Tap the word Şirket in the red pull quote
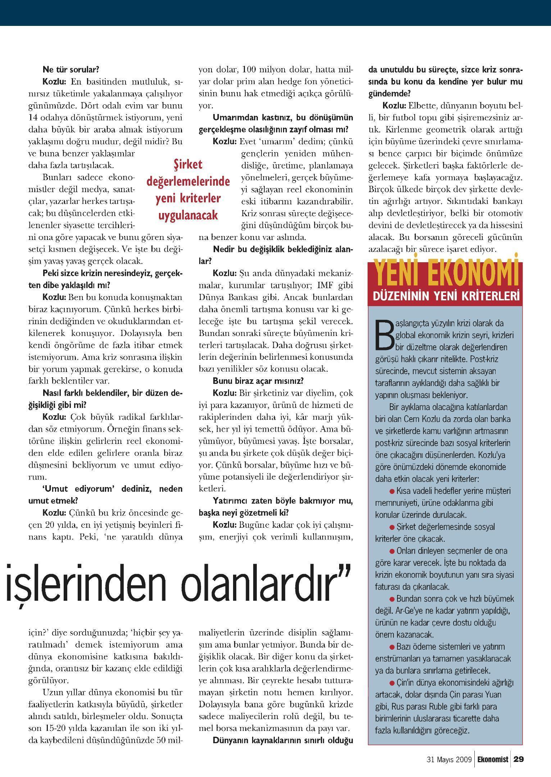pos(188,164)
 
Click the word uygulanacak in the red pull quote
pos(188,215)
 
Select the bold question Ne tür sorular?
pos(71,69)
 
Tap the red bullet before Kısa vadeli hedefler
pos(392,491)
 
